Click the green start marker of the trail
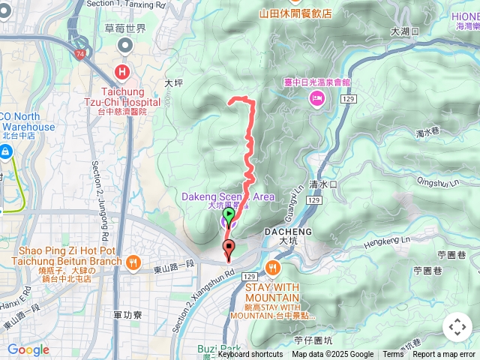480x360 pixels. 229,214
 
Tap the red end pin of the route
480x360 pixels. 229,247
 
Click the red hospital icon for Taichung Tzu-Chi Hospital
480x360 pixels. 121,72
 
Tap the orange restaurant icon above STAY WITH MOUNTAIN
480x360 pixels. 271,267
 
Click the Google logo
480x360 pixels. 28,349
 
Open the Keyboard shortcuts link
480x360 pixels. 250,355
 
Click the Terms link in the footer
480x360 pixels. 393,355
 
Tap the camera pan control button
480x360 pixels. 457,327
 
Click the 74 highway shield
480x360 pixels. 80,55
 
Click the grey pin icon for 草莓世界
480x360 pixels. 125,45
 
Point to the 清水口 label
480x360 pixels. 323,184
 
